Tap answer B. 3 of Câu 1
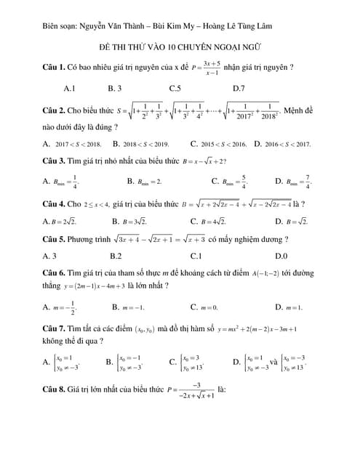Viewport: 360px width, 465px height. tap(114, 89)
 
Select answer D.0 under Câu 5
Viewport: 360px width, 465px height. tap(281, 256)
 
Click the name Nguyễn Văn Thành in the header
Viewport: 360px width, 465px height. tap(113, 29)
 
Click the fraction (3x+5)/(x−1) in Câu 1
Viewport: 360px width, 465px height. tap(213, 68)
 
